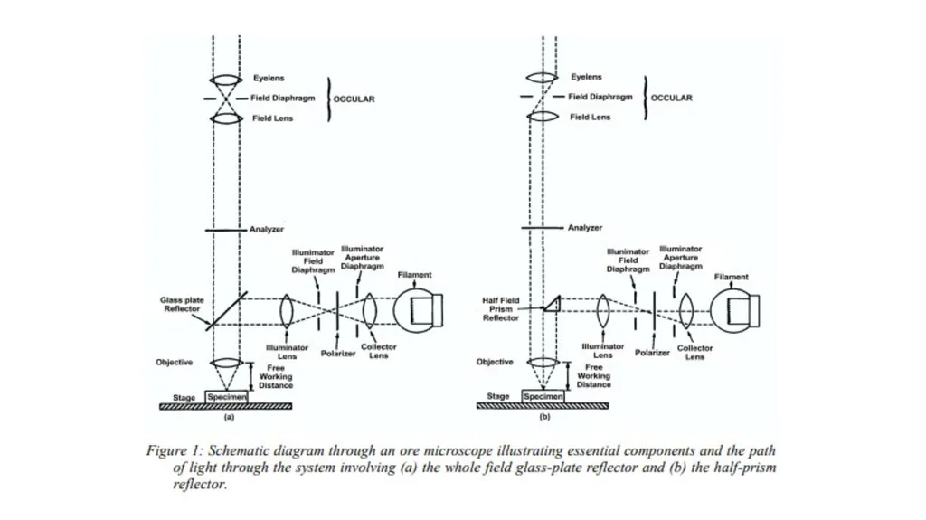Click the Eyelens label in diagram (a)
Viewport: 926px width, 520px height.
click(269, 78)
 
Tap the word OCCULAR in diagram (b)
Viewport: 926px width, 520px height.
click(672, 98)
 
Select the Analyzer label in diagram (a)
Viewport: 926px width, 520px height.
click(267, 230)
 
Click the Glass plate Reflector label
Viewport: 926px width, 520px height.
click(182, 305)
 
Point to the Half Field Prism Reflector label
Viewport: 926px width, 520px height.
click(501, 309)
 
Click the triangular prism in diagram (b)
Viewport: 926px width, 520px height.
click(553, 303)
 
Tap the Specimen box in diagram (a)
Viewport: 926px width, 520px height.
click(226, 397)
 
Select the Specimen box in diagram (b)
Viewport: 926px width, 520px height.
click(543, 396)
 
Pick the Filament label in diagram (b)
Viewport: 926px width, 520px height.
click(731, 277)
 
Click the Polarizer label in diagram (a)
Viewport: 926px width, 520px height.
click(338, 354)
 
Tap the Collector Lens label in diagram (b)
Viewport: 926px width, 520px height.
click(694, 352)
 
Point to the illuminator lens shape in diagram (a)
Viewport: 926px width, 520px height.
click(287, 311)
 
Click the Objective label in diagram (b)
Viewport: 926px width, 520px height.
click(495, 362)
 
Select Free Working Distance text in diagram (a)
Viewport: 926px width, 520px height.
click(276, 376)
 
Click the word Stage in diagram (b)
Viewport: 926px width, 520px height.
click(498, 396)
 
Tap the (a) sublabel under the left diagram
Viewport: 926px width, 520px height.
click(229, 417)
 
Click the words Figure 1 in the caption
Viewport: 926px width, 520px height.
click(175, 450)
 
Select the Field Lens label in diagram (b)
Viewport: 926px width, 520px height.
click(590, 117)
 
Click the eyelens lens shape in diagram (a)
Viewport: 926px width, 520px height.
click(225, 80)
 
